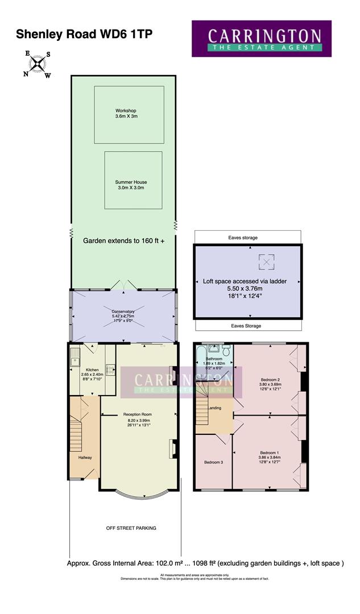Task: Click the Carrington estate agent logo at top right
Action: click(x=261, y=39)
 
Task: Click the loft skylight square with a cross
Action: click(x=266, y=262)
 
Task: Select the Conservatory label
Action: click(x=123, y=311)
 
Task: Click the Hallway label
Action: click(x=85, y=457)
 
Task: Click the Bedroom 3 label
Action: click(x=213, y=462)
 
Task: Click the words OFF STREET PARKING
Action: click(x=131, y=528)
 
